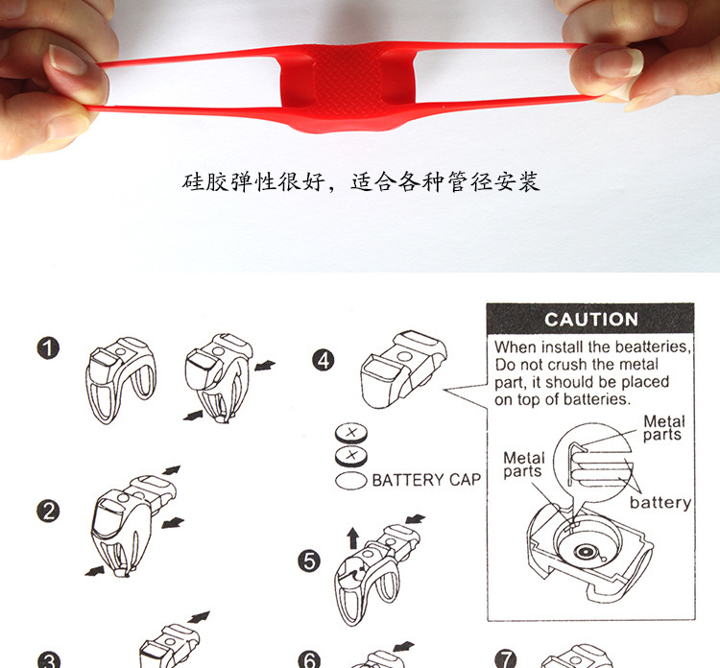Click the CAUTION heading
point(591,320)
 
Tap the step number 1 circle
point(48,348)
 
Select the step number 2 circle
point(48,511)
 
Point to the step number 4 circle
point(324,361)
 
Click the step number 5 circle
point(309,561)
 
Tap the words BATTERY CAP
point(426,480)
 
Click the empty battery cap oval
point(350,481)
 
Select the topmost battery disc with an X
point(351,433)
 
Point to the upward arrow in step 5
point(352,537)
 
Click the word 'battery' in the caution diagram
point(660,503)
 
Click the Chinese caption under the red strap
point(360,181)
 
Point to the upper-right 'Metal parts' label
point(662,427)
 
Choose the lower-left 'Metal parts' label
point(523,465)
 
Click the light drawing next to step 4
point(403,369)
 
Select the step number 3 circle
point(48,659)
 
